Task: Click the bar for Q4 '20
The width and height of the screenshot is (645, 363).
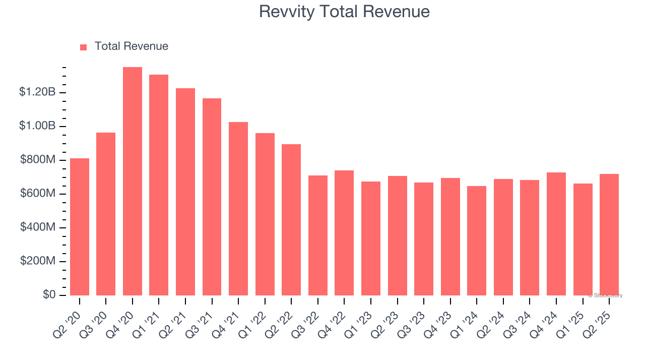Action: [x=133, y=181]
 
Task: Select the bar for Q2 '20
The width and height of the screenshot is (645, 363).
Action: [x=80, y=227]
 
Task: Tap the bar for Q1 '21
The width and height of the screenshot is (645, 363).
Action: [x=159, y=185]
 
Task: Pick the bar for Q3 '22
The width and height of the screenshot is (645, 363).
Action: [x=318, y=235]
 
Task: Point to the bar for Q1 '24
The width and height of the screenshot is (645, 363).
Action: [x=477, y=240]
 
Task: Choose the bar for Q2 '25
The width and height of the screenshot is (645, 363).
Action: [x=609, y=234]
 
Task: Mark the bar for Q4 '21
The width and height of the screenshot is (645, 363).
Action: [x=238, y=209]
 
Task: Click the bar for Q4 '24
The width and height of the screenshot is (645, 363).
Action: [x=556, y=234]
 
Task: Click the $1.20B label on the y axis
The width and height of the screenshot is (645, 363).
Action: [x=37, y=92]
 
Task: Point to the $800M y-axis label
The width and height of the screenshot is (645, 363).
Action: [x=38, y=160]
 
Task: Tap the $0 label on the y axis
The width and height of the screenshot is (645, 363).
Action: [x=49, y=295]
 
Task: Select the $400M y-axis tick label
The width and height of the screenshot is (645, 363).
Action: [x=38, y=227]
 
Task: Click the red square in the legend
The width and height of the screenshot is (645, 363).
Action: [x=84, y=47]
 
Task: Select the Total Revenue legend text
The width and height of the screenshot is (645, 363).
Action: [x=132, y=46]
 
